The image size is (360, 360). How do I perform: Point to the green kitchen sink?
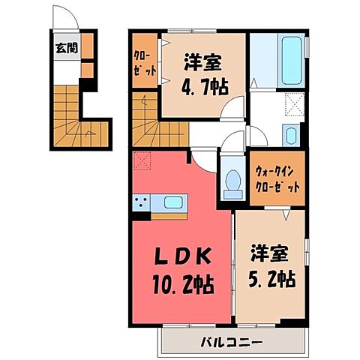coord(172,202)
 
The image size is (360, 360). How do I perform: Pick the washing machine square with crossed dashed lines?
coord(294,107)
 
